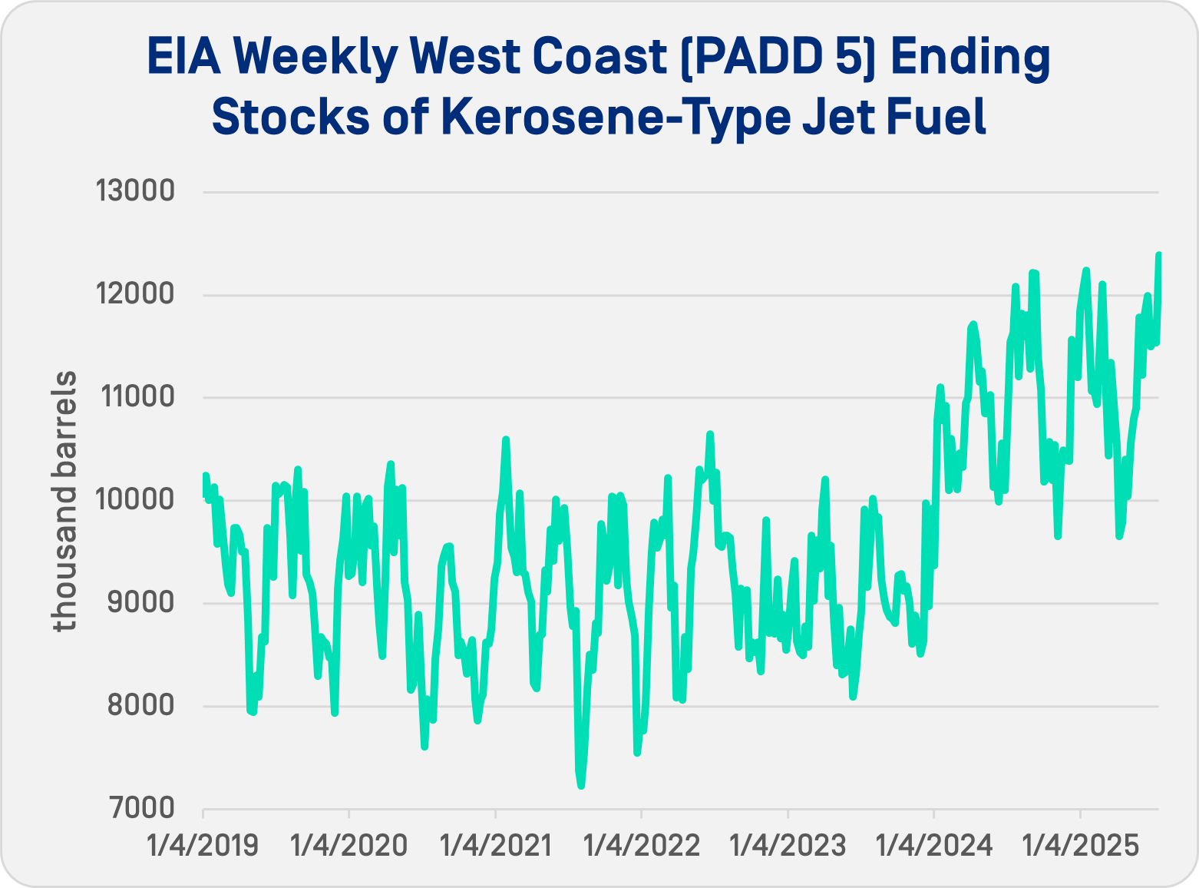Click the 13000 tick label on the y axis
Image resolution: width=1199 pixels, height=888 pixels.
point(135,191)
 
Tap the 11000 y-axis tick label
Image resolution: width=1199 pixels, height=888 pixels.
point(135,396)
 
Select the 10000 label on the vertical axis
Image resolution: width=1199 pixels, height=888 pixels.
point(135,499)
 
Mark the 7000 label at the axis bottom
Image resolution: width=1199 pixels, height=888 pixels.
point(141,808)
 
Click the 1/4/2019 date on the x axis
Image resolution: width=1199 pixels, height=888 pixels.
point(203,846)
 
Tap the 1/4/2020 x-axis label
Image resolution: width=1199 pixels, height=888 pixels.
point(348,846)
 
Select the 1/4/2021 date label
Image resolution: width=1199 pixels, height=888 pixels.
point(495,846)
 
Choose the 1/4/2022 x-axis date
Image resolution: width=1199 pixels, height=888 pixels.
point(642,846)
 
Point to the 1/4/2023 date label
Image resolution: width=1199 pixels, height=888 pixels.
point(788,846)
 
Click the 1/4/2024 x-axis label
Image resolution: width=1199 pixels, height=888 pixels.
point(934,846)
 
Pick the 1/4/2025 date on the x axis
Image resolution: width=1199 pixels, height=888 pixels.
point(1080,846)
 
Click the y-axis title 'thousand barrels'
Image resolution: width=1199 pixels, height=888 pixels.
point(66,501)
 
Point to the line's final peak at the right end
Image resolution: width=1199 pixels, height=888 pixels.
point(1158,254)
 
